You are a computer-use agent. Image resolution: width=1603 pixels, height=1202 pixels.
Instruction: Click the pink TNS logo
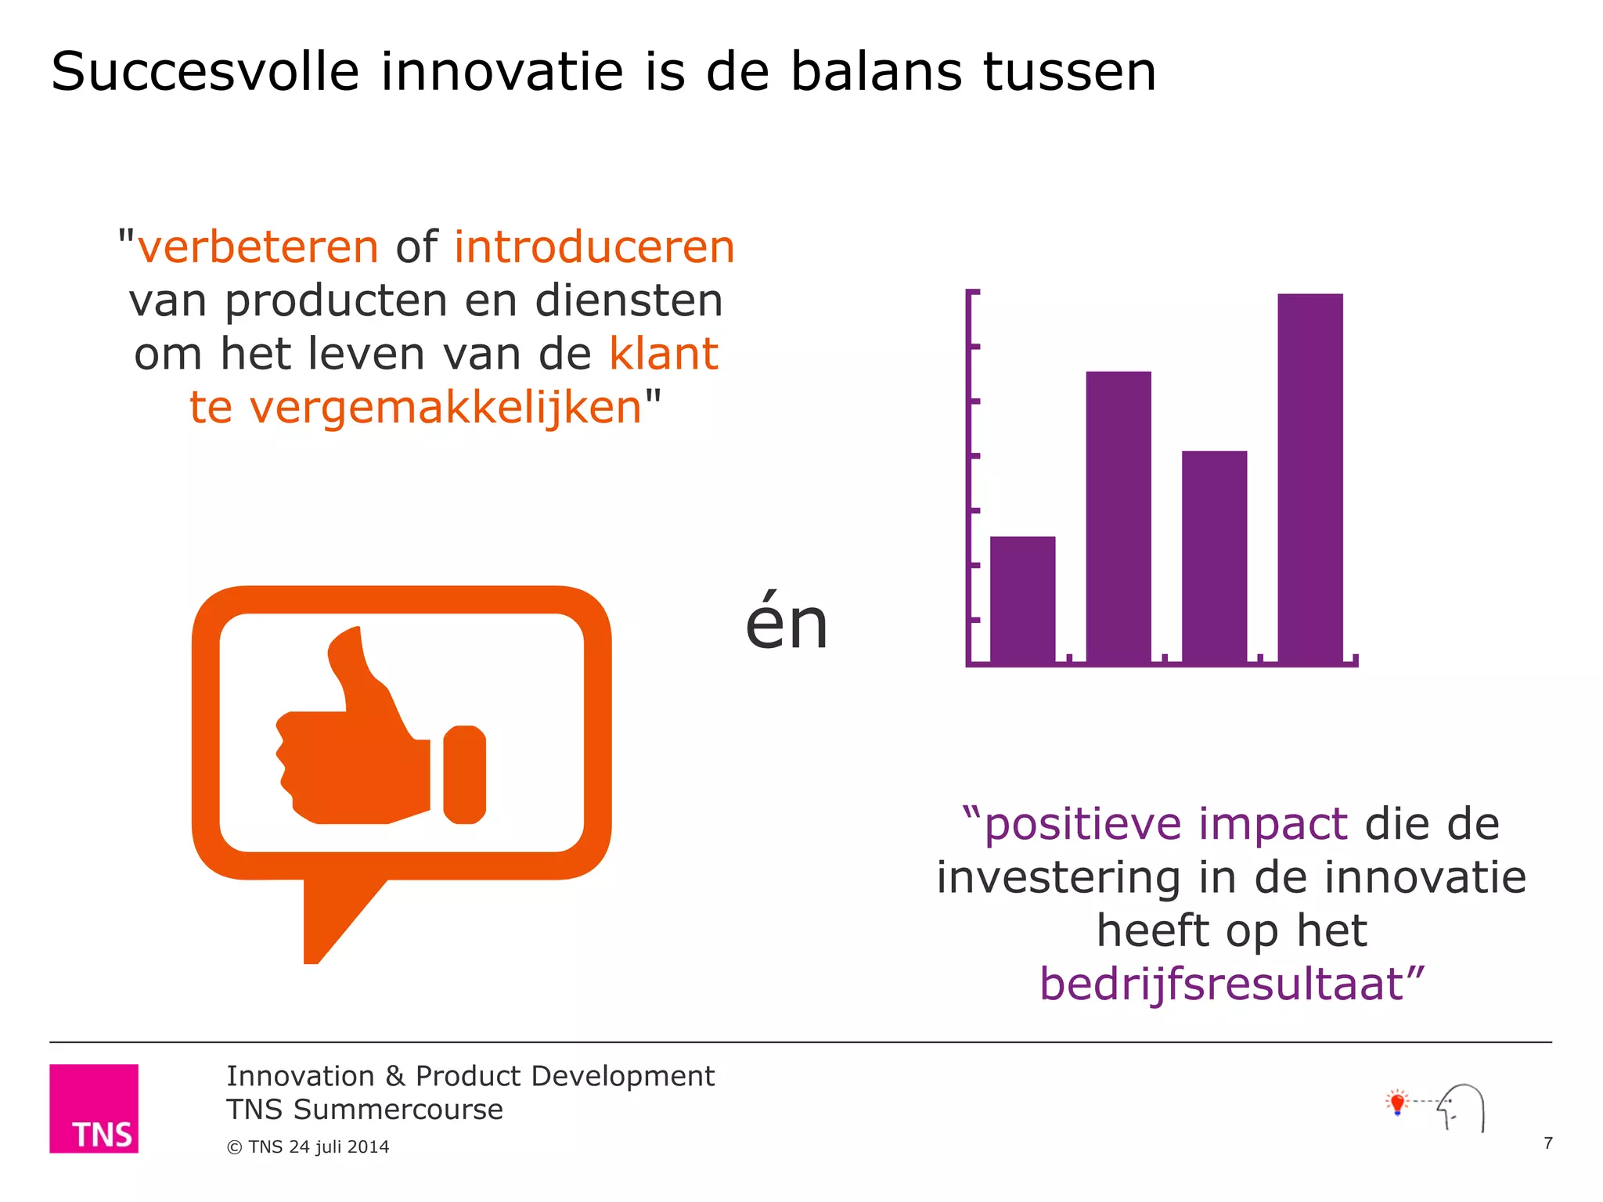click(x=94, y=1108)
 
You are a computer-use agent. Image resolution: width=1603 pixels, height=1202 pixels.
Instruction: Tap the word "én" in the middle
click(x=786, y=624)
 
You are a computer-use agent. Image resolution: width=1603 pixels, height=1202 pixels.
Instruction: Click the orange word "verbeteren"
click(x=258, y=247)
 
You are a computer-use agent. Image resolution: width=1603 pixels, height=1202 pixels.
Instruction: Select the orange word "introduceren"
click(x=594, y=247)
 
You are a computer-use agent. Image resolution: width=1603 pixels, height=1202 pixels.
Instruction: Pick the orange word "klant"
click(x=664, y=354)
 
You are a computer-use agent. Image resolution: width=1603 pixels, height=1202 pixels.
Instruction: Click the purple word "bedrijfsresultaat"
click(x=1221, y=984)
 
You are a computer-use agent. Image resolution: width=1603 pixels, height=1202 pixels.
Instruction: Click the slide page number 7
click(x=1547, y=1143)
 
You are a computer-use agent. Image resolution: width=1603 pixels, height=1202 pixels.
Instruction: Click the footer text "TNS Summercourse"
click(x=364, y=1110)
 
